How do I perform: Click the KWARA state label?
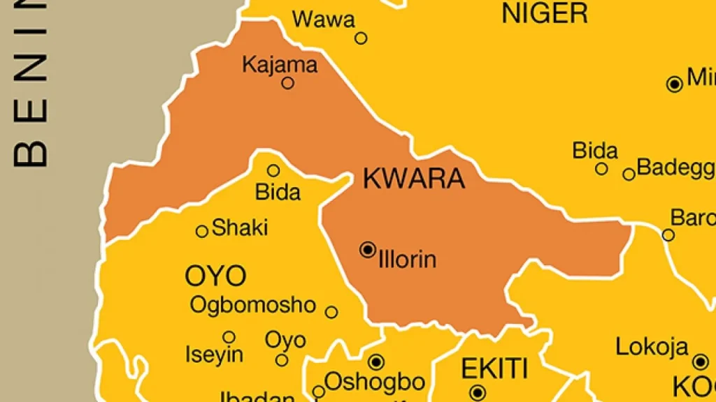click(x=414, y=179)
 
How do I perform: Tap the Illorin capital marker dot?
click(x=368, y=249)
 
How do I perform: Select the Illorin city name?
click(x=407, y=260)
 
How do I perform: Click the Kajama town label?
click(x=280, y=65)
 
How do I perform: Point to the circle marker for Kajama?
click(x=287, y=83)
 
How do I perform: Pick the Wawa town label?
click(x=324, y=20)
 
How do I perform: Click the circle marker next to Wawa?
click(x=361, y=38)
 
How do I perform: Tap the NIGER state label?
click(x=545, y=13)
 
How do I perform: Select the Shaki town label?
click(x=240, y=228)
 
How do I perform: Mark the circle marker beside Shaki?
click(x=202, y=231)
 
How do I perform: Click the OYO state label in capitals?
click(x=215, y=276)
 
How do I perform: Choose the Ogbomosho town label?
click(x=253, y=305)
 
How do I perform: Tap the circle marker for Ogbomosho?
click(x=331, y=312)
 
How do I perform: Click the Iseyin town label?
click(x=215, y=355)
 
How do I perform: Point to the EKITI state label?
click(x=494, y=367)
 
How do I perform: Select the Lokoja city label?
click(x=652, y=347)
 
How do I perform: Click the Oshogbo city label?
click(x=375, y=382)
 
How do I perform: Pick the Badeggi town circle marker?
click(x=629, y=174)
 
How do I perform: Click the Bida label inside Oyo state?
click(x=278, y=192)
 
